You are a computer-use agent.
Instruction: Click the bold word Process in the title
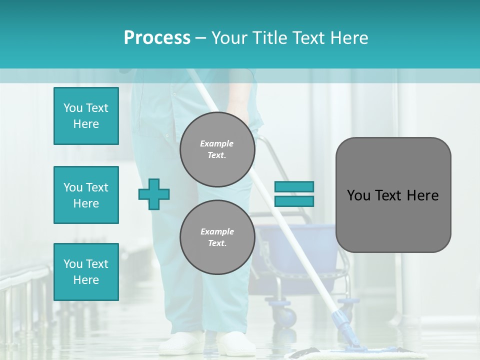[x=157, y=38]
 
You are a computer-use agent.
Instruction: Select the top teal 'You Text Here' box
[x=86, y=116]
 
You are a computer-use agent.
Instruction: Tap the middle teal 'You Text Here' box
[x=86, y=195]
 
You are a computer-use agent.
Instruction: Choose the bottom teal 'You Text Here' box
[x=86, y=272]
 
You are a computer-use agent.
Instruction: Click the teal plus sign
[x=154, y=194]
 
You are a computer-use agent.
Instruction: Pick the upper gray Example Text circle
[x=217, y=149]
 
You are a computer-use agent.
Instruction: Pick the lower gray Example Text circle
[x=217, y=237]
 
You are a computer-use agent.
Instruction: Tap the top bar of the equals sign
[x=294, y=186]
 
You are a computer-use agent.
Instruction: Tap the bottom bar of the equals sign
[x=294, y=201]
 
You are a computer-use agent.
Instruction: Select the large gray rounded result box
[x=393, y=195]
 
